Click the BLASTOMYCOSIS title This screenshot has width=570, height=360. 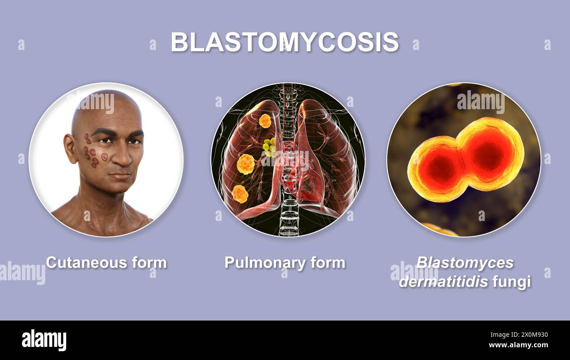point(285,42)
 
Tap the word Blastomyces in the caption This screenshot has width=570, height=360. point(465,263)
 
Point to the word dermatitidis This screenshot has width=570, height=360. point(443,282)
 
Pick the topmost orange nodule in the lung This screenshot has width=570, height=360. point(265,121)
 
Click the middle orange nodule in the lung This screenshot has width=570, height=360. point(246,164)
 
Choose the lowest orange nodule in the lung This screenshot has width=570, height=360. point(240,194)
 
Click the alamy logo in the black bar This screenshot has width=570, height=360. point(44,340)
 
